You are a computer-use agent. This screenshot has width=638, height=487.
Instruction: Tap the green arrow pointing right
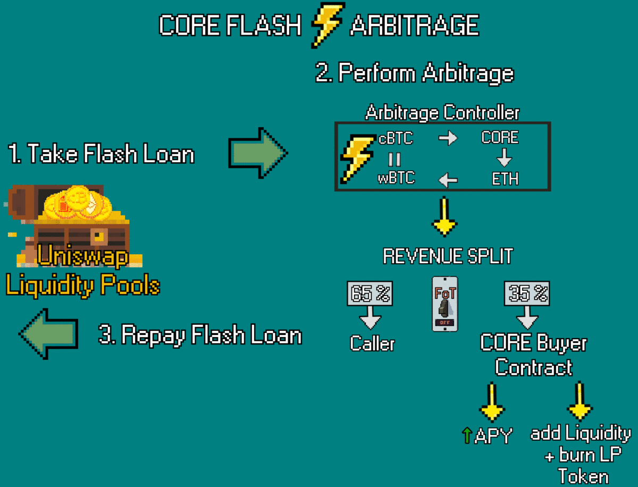click(x=258, y=153)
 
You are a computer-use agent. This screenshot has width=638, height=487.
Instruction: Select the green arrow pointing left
click(x=48, y=334)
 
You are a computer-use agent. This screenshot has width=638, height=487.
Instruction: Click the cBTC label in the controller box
click(x=396, y=138)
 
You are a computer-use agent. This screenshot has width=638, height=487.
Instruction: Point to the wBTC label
click(x=396, y=178)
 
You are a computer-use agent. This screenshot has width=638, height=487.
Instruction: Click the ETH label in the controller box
click(x=505, y=179)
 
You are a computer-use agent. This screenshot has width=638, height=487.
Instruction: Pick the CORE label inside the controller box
click(x=500, y=137)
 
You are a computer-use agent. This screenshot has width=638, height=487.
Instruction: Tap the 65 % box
click(x=370, y=293)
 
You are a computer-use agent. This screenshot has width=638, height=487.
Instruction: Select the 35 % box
click(x=527, y=293)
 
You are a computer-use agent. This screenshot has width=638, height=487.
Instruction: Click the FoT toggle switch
click(x=444, y=304)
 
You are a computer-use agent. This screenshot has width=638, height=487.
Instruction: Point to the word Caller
click(x=372, y=343)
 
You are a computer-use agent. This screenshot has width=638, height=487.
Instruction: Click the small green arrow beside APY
click(x=467, y=435)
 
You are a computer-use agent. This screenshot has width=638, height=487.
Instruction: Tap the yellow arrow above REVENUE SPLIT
click(x=444, y=216)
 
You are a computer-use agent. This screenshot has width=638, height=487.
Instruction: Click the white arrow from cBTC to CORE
click(x=448, y=138)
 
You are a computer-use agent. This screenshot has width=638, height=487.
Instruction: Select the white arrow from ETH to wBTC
click(x=448, y=180)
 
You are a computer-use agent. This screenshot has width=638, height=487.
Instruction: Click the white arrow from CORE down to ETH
click(x=505, y=158)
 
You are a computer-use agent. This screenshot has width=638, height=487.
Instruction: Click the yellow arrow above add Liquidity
click(x=580, y=401)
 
